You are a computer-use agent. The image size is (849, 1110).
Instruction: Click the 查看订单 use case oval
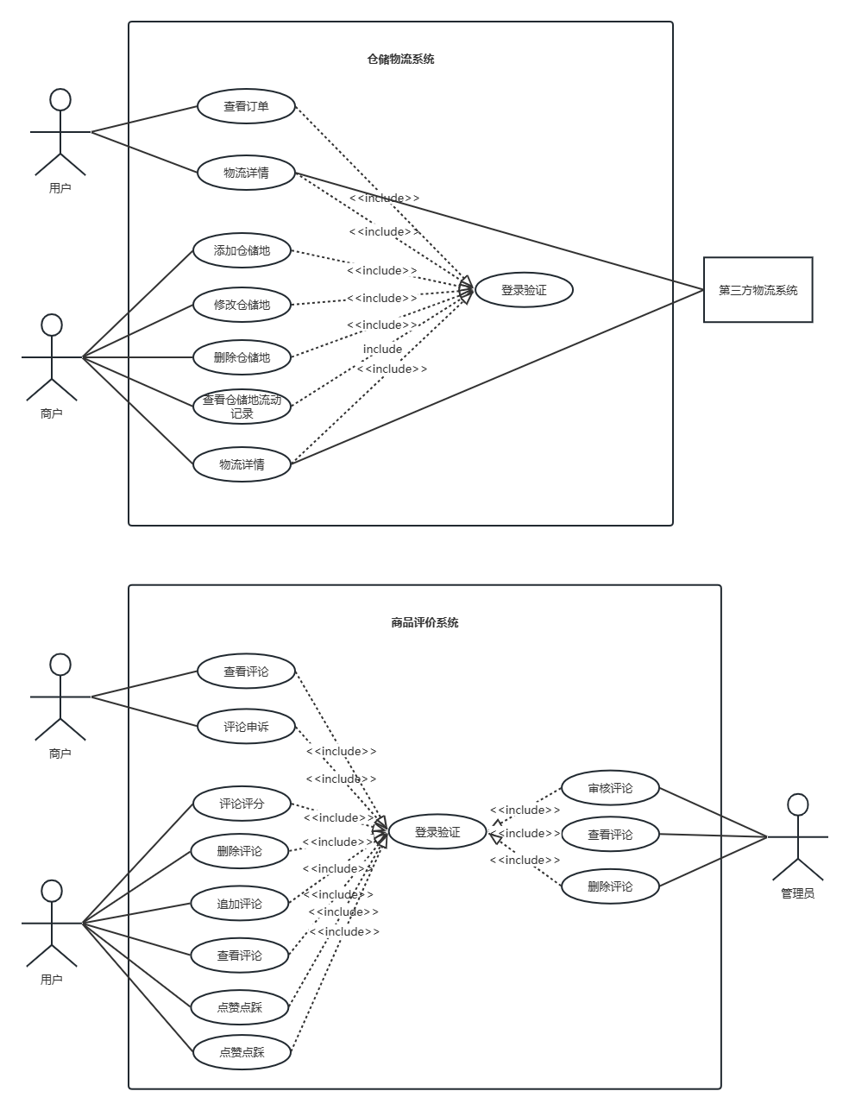pos(246,106)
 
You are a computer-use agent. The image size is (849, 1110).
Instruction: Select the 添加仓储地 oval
pos(242,250)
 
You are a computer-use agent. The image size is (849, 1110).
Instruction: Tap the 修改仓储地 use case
pos(242,305)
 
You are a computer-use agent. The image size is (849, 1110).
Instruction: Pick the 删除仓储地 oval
pos(242,357)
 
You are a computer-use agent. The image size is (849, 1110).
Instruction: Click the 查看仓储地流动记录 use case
pos(242,407)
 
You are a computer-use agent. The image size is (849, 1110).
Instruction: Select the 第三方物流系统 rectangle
pos(758,290)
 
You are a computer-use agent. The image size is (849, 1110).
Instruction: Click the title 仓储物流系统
pos(400,60)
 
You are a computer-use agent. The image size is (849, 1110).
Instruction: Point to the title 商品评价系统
pos(424,622)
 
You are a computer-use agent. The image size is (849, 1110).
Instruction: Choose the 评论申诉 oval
pos(246,727)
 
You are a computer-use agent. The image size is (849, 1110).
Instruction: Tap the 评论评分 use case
pos(242,804)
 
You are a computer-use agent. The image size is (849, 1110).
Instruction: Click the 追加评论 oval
pos(240,904)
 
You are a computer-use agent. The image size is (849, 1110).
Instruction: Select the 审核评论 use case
pos(611,788)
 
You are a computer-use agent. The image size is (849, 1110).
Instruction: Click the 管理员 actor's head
pos(798,804)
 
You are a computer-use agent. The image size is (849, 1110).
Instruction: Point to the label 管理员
pos(798,893)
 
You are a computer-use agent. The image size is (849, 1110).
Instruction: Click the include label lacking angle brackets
pos(382,349)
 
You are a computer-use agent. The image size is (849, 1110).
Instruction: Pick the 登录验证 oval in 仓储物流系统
pos(524,290)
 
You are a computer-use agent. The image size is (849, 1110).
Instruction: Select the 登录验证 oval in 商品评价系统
pos(437,832)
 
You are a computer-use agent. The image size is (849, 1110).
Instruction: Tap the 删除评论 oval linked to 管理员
pos(611,886)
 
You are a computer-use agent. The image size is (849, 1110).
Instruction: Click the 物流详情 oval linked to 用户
pos(246,173)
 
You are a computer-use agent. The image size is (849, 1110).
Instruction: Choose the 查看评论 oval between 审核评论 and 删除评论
pos(611,835)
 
